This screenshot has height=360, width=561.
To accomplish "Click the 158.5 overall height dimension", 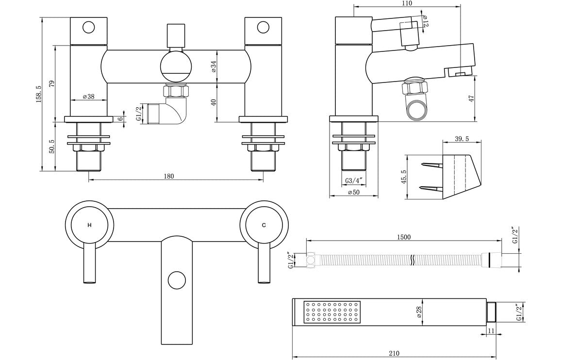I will click(x=38, y=94).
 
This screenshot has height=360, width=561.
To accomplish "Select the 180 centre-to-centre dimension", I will click(x=168, y=176).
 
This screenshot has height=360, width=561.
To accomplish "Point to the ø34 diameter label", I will click(x=214, y=66).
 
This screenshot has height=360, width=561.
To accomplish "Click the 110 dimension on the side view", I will click(x=407, y=3).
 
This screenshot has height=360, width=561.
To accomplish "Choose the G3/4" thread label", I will click(x=354, y=181).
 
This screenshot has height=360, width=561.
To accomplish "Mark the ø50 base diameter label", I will click(x=354, y=193).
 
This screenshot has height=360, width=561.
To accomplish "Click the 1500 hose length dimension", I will click(x=403, y=237).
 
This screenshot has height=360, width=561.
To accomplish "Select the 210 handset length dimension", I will click(x=394, y=354).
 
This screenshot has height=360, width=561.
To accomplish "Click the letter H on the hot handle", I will click(x=89, y=226).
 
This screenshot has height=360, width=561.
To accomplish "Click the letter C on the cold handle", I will click(x=264, y=226).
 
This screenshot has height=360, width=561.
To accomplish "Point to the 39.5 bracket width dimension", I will click(x=462, y=139).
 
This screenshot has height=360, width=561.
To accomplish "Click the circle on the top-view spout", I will click(x=177, y=280).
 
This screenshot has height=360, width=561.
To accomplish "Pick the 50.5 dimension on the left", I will click(x=52, y=146).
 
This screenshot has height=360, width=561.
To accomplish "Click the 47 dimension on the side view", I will click(x=471, y=98).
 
